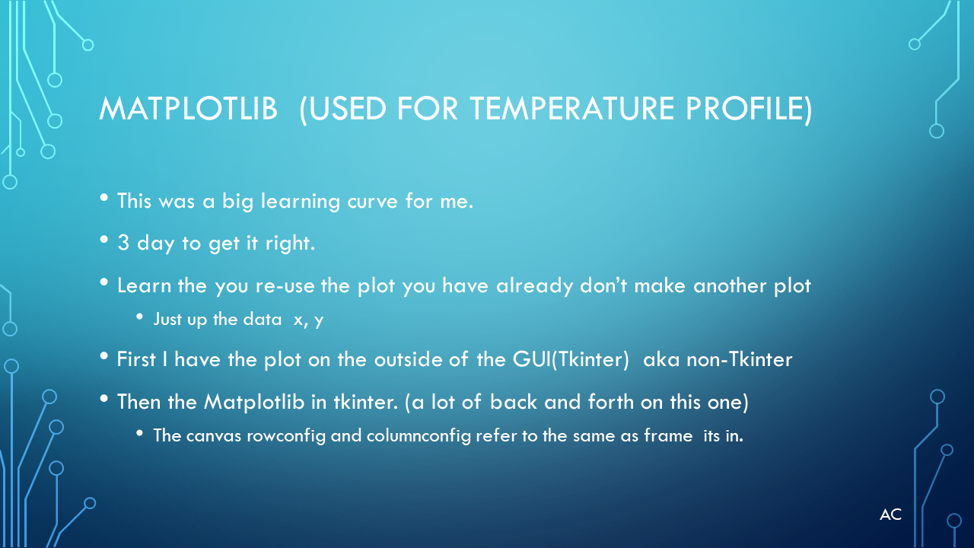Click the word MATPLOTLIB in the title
188,108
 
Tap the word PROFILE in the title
744,108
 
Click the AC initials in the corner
890,515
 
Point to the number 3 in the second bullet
123,243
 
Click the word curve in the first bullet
373,202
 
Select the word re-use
285,286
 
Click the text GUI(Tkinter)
571,360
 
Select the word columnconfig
419,436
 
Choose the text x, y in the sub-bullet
308,320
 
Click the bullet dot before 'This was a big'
104,198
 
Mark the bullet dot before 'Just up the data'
139,317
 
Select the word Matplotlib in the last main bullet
254,403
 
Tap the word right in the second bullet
290,243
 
